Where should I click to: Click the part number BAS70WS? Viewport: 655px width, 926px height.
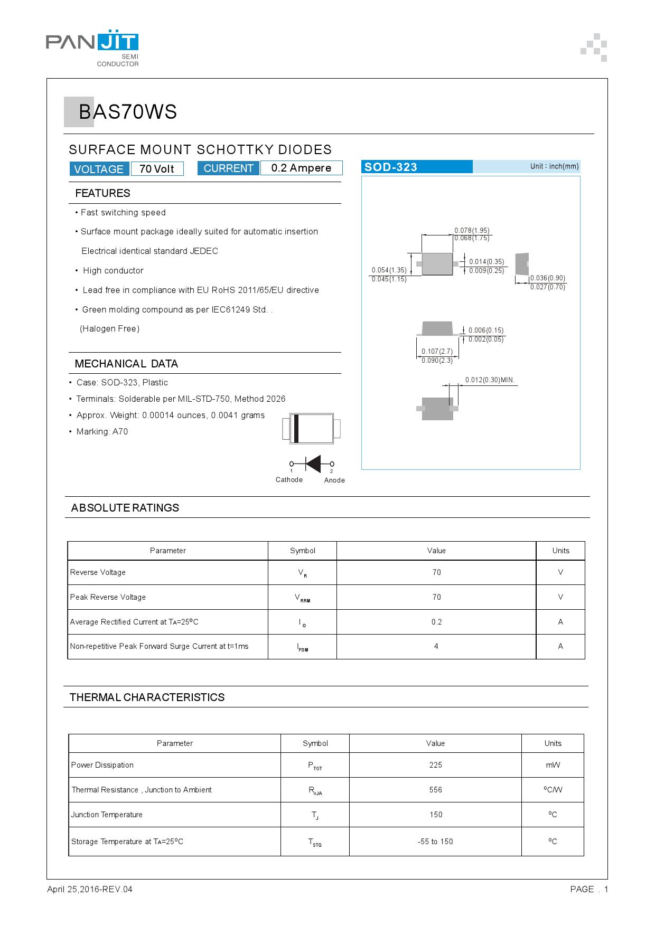127,112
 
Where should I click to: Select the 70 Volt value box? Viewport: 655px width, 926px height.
157,169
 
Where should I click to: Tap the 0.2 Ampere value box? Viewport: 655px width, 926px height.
301,168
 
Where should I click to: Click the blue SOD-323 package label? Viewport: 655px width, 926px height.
391,167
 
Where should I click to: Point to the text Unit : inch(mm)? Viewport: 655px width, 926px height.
554,166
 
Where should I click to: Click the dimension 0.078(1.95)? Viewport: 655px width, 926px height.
472,230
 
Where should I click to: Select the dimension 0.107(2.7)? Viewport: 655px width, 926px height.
437,351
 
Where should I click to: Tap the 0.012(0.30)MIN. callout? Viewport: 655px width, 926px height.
490,380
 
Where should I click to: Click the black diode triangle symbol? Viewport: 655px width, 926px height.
314,464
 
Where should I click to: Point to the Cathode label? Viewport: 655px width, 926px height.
289,480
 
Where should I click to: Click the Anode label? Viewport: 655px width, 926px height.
334,480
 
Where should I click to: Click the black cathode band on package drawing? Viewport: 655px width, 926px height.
296,429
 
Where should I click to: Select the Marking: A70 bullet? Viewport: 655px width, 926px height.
102,432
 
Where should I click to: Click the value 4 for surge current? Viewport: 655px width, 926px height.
436,646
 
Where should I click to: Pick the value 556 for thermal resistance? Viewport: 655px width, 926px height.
436,790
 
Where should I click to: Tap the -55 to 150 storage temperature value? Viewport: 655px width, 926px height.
435,842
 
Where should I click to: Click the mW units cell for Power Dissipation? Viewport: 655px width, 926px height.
553,765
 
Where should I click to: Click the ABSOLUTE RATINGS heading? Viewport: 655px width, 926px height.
125,508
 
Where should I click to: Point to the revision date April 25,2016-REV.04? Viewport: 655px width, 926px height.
90,890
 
